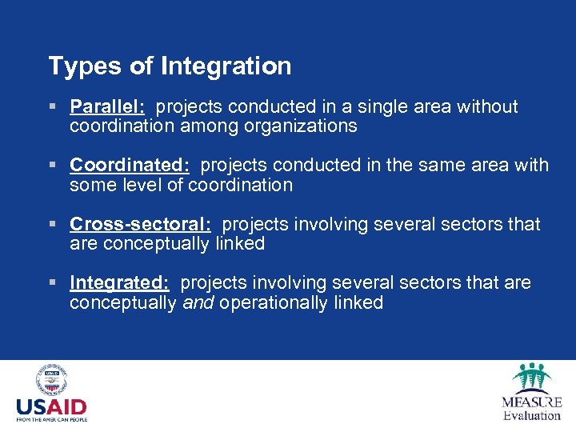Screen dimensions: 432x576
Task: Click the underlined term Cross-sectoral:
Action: pos(140,225)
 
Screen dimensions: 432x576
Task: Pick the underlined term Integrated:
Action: pos(119,283)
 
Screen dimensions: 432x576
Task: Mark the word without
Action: pos(487,107)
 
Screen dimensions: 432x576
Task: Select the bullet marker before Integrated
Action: pos(53,283)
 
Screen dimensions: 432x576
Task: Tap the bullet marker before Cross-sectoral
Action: pos(53,225)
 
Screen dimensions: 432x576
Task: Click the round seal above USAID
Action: pos(51,381)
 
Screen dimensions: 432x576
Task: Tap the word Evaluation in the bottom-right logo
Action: pos(532,415)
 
